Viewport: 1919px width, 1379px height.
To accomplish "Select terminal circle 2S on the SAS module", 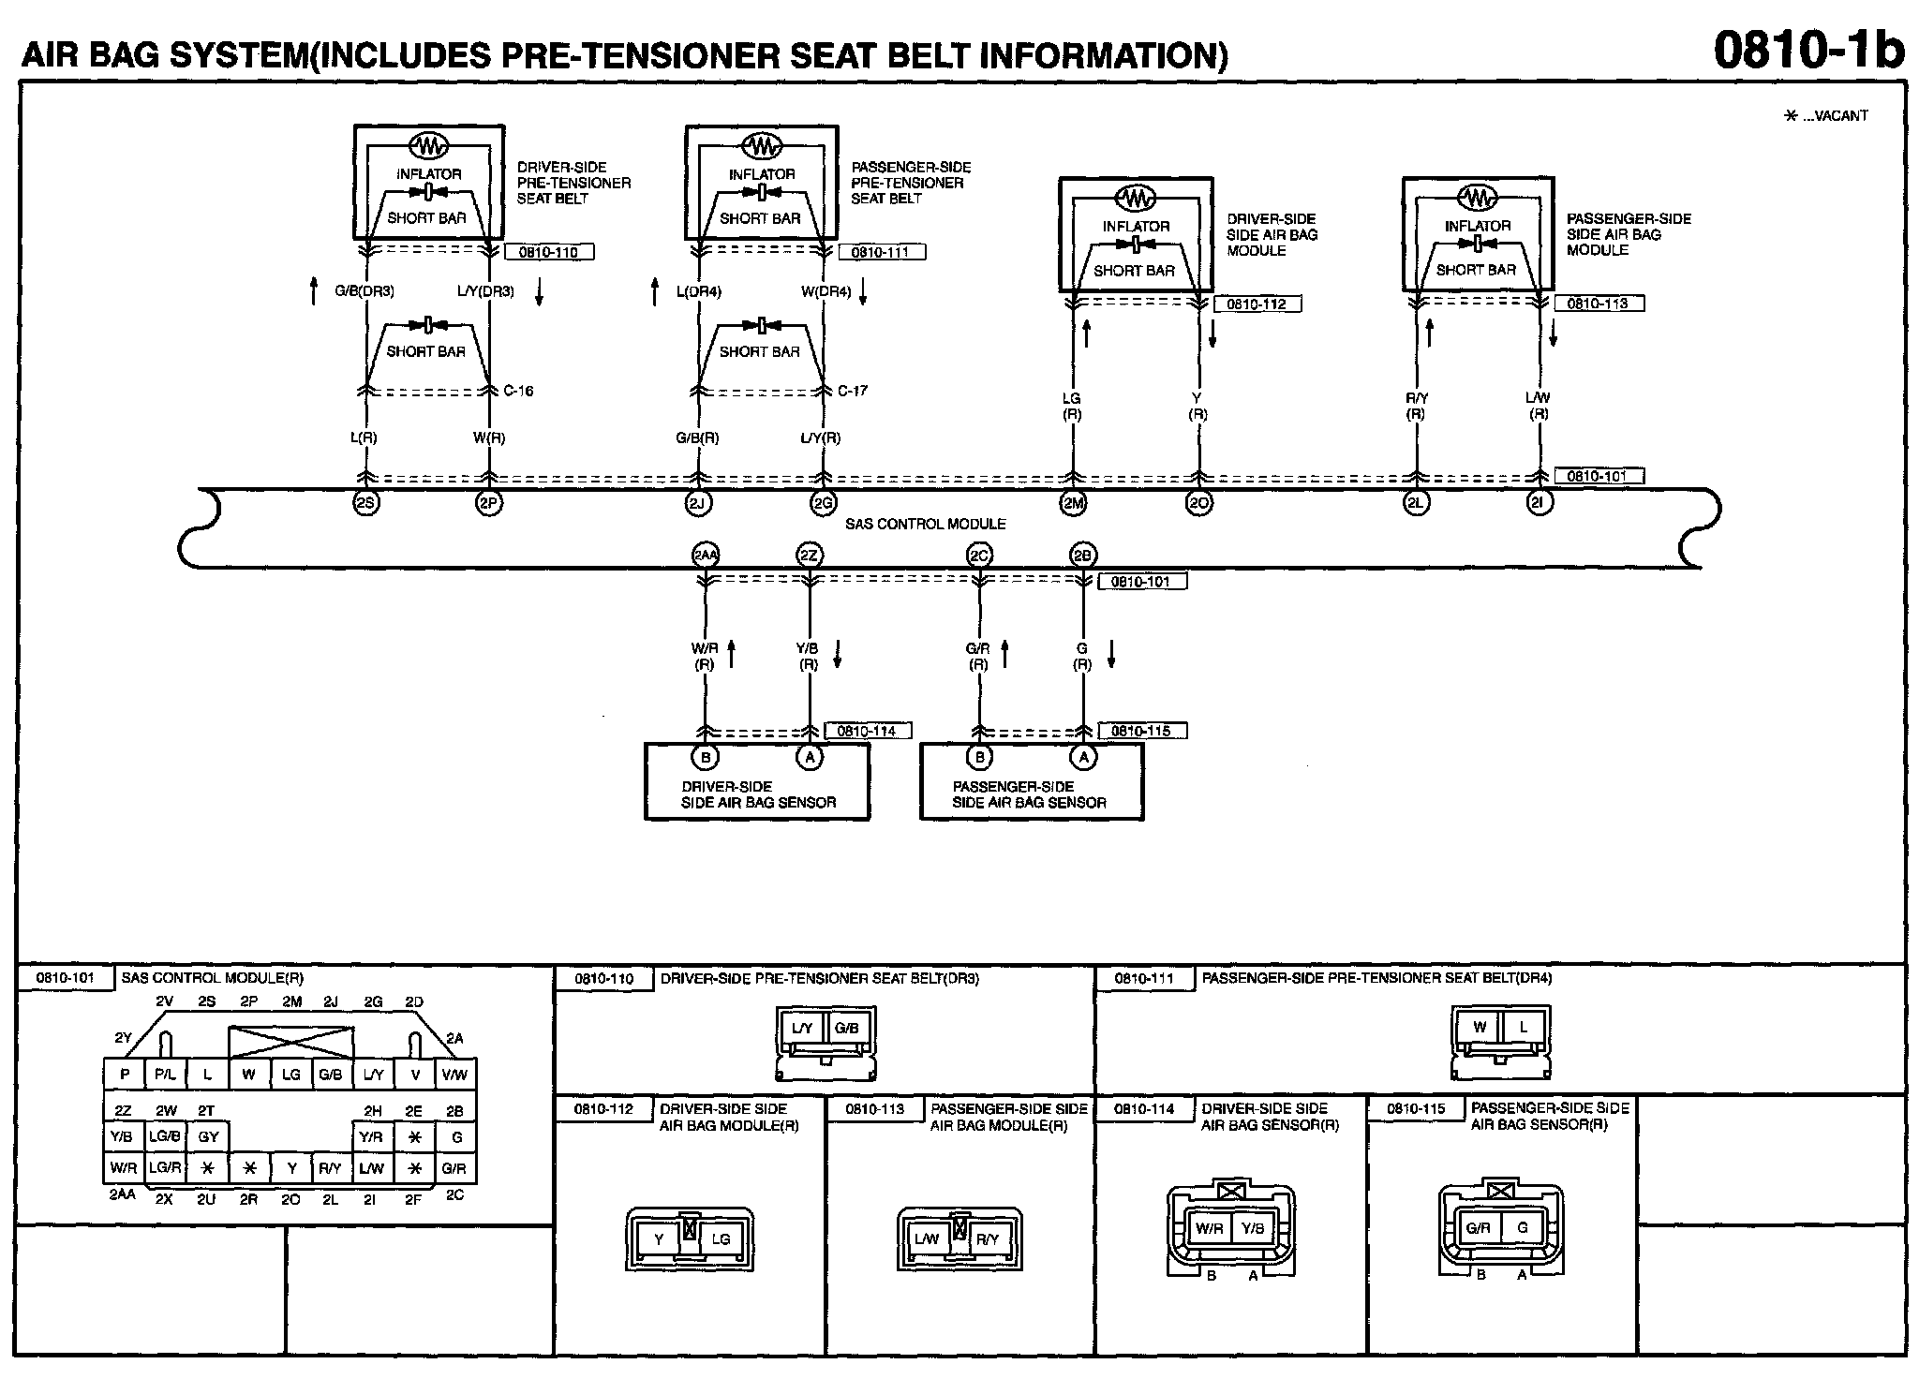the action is (365, 503).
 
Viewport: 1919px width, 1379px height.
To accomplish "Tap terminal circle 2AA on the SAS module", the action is (705, 555).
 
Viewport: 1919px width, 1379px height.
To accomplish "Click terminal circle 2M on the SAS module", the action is (1073, 503).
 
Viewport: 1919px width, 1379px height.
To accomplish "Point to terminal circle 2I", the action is (1539, 503).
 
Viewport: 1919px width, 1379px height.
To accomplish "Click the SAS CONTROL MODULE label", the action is (926, 525).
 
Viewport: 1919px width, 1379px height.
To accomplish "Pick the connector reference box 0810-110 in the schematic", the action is (548, 252).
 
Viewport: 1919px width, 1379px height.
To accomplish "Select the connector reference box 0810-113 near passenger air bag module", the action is (1598, 304).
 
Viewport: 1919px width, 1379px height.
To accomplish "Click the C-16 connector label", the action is (518, 391).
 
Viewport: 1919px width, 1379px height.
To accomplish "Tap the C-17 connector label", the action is (852, 391).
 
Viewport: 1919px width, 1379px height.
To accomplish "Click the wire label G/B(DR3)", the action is (364, 291).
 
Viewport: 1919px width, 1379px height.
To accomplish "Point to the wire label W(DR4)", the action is (826, 291).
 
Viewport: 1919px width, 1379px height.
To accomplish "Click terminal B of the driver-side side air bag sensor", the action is (705, 757).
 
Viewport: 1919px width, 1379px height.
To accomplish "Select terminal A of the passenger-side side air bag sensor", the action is (1083, 757).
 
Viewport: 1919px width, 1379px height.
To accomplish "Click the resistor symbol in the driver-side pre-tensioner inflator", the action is (429, 145).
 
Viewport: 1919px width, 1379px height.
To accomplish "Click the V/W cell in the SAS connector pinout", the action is (455, 1074).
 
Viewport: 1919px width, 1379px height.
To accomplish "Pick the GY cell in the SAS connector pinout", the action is (208, 1137).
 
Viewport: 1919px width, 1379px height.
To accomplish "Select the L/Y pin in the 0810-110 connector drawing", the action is (802, 1028).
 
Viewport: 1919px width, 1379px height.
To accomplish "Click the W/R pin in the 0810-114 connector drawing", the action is (1209, 1228).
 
